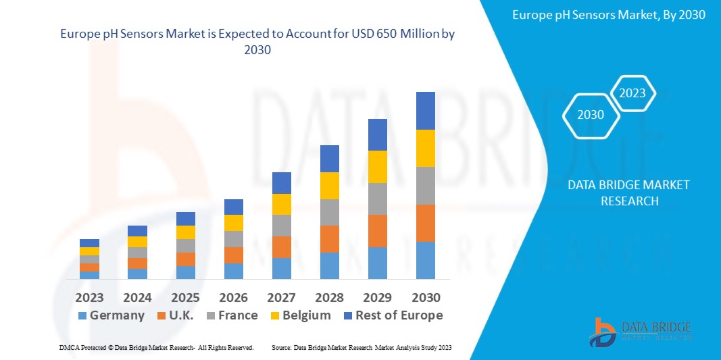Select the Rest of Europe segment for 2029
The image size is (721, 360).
[377, 134]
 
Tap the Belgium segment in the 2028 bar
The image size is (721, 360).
[329, 186]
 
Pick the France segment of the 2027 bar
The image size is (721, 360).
[281, 226]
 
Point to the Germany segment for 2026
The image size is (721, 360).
[233, 271]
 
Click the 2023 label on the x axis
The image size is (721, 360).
[89, 298]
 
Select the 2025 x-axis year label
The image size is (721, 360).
[185, 298]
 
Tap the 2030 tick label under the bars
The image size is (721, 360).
[425, 298]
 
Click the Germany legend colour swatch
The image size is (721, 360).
[82, 315]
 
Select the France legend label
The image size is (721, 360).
[237, 315]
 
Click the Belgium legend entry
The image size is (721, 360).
[306, 315]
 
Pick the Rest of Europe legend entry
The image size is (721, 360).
[399, 315]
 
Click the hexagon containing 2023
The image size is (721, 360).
[632, 94]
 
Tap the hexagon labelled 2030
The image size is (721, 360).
[591, 115]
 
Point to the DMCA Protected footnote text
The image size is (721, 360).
[155, 347]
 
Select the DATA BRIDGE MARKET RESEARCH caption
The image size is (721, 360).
[628, 193]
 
